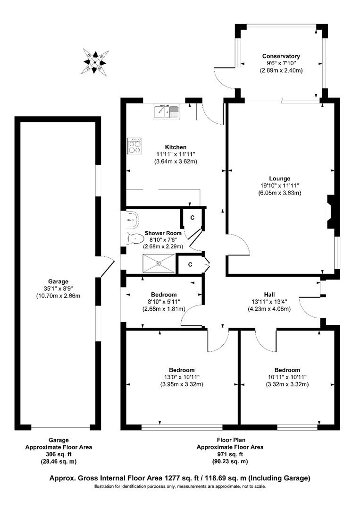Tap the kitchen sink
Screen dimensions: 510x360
[x=166, y=111]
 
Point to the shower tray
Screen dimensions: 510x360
[x=158, y=263]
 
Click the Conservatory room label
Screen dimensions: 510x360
[x=281, y=56]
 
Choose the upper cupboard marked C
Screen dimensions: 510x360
[x=193, y=218]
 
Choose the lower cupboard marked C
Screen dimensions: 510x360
[x=190, y=264]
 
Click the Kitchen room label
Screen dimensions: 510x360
[x=176, y=147]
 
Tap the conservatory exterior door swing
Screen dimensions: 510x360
[x=224, y=79]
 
